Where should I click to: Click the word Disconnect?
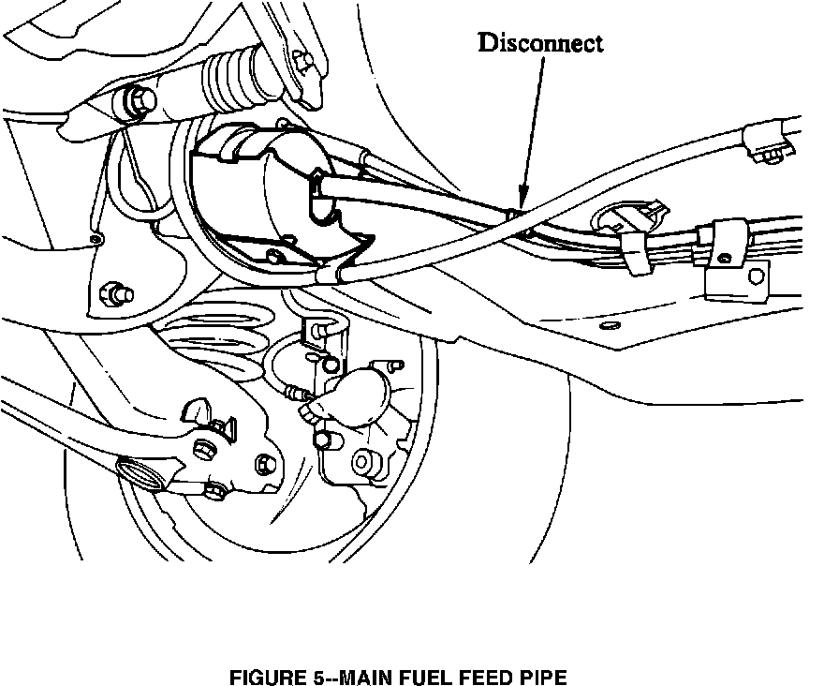pos(540,43)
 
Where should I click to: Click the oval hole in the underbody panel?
pos(611,324)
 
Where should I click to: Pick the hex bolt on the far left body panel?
pos(117,292)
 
